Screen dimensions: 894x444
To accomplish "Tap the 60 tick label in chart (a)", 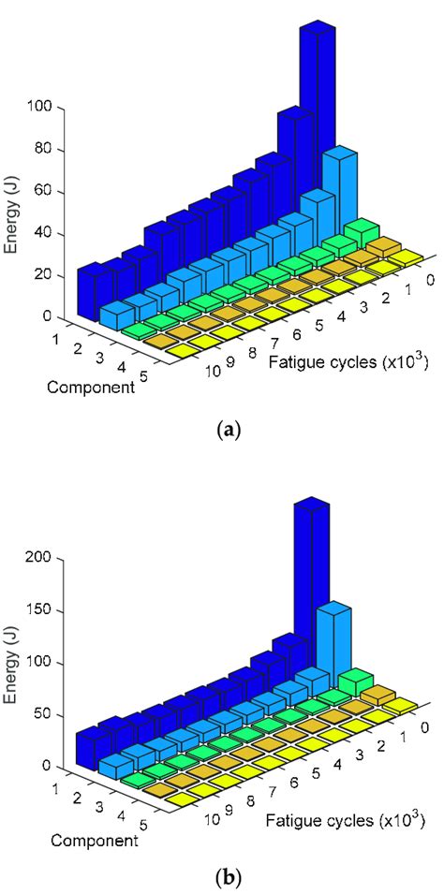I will click(47, 192).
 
